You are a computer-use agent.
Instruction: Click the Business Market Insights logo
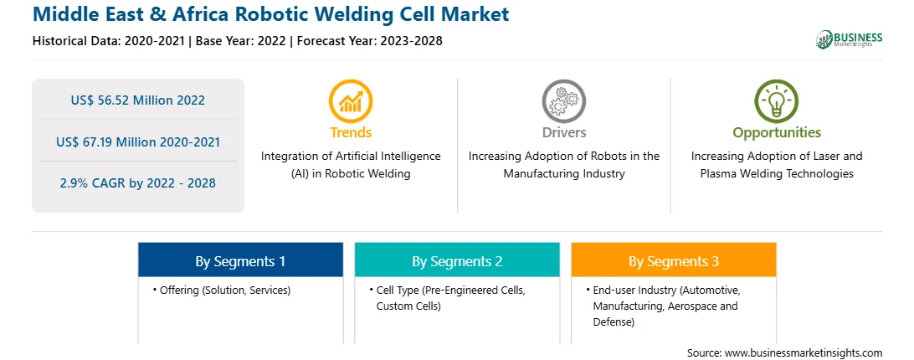(x=849, y=39)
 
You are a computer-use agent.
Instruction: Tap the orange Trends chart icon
(x=351, y=101)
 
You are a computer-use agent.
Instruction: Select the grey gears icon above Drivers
(x=563, y=101)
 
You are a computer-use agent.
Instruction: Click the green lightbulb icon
(x=777, y=101)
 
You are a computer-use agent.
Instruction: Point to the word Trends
(x=351, y=132)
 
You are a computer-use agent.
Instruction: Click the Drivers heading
(x=563, y=132)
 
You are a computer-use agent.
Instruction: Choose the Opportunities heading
(x=777, y=133)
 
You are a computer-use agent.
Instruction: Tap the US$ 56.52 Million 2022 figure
(x=137, y=100)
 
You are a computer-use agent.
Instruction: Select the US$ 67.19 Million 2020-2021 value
(x=138, y=141)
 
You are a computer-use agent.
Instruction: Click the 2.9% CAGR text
(x=137, y=183)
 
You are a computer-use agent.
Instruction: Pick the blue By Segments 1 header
(x=240, y=261)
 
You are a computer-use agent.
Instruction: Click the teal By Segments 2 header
(x=457, y=261)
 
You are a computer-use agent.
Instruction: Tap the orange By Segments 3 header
(x=673, y=261)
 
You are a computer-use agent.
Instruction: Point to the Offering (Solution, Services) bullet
(x=222, y=290)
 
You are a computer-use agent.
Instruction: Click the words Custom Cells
(x=408, y=306)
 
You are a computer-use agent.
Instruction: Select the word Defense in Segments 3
(x=613, y=322)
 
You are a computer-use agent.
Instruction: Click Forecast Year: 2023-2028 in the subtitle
(x=370, y=41)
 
